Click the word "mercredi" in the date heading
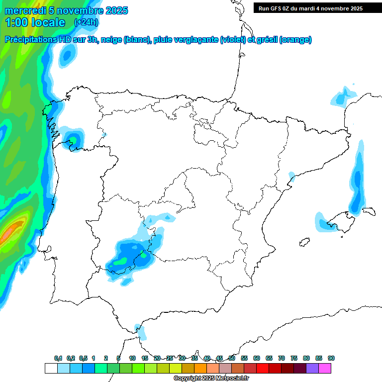(x=25, y=10)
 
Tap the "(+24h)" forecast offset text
(x=87, y=22)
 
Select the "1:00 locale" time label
(x=35, y=22)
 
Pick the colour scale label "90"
(x=331, y=358)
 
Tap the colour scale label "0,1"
(x=58, y=358)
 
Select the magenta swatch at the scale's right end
(x=325, y=368)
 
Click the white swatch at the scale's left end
(x=51, y=368)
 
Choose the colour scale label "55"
(x=244, y=358)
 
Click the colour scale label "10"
(x=132, y=358)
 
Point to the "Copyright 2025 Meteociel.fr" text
(x=211, y=379)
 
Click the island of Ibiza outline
(x=302, y=243)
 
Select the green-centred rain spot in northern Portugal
(x=74, y=138)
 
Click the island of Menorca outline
(x=371, y=211)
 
